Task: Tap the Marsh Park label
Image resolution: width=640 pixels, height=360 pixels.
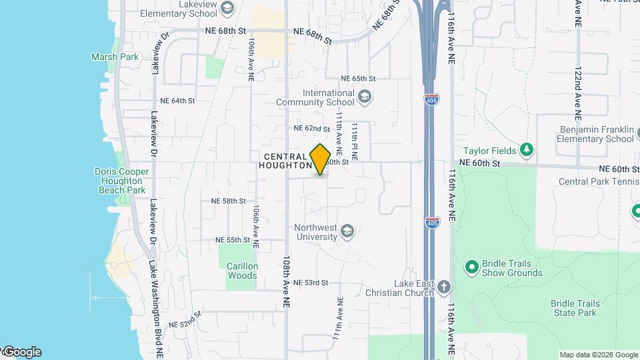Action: [115, 57]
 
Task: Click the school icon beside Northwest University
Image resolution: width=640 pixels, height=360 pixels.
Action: [347, 232]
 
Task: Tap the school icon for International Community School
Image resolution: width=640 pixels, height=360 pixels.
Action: [364, 97]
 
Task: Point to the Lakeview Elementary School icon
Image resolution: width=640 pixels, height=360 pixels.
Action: [227, 8]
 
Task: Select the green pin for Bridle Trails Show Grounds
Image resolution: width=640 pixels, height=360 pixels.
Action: [472, 267]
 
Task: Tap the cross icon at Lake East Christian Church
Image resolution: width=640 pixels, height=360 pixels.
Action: [444, 287]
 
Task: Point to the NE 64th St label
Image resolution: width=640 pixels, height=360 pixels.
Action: [173, 101]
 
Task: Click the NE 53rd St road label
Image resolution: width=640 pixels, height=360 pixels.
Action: [311, 283]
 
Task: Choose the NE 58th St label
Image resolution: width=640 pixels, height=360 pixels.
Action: [229, 201]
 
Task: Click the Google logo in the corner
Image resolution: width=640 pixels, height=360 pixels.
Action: [23, 352]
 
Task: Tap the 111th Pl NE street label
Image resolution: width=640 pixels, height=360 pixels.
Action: [355, 141]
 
